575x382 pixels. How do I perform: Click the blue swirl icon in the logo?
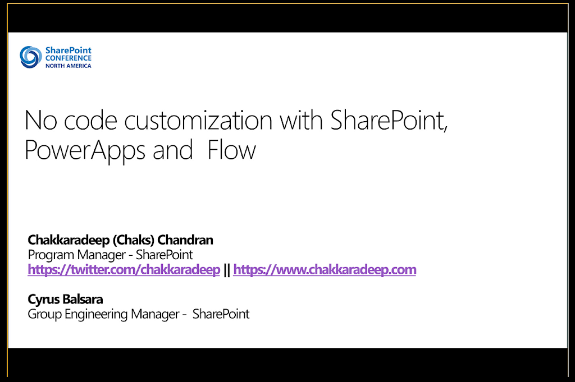point(30,57)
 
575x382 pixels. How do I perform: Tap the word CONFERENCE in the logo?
point(68,58)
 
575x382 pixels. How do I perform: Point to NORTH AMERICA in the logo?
point(68,66)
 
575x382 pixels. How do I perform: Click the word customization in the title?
point(198,120)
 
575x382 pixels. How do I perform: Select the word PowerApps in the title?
point(85,150)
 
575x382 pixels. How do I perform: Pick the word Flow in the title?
point(231,150)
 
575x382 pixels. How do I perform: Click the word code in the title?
point(90,120)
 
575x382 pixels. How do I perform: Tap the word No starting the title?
point(40,120)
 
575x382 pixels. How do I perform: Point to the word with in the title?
point(301,120)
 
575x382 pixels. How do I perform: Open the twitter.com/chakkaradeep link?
point(124,270)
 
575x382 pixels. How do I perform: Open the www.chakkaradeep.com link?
point(325,270)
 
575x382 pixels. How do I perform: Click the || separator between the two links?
point(227,270)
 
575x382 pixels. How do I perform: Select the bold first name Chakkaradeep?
point(69,240)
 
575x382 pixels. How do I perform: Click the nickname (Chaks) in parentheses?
point(134,240)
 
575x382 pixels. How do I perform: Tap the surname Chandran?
point(185,240)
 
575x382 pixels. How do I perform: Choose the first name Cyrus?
point(44,300)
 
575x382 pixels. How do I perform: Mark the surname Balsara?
point(83,299)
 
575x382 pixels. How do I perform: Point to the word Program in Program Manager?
point(51,255)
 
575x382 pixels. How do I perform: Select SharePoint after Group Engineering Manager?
point(221,314)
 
